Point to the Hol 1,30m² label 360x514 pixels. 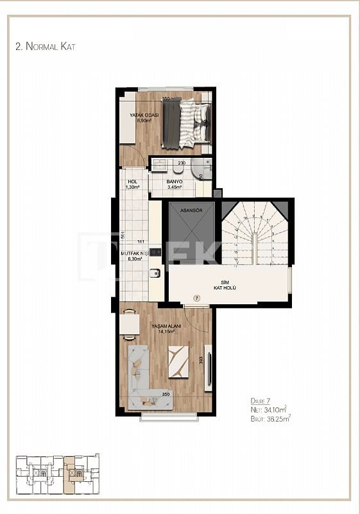(x=132, y=184)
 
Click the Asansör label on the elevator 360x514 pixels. (x=191, y=210)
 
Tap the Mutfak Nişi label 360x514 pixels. (x=135, y=256)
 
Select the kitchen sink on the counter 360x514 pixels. (x=155, y=275)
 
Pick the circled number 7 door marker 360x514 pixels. (x=197, y=298)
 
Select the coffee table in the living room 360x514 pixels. (x=178, y=361)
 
